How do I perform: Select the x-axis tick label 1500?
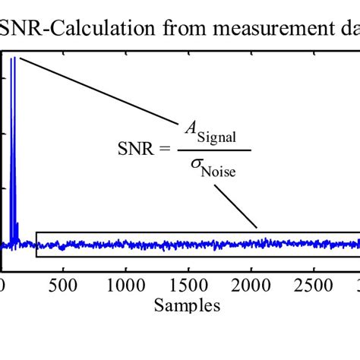pos(187,286)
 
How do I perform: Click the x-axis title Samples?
pos(187,305)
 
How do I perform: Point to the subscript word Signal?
pos(221,137)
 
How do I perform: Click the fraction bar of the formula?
pos(214,150)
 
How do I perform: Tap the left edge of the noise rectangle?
pos(36,244)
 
